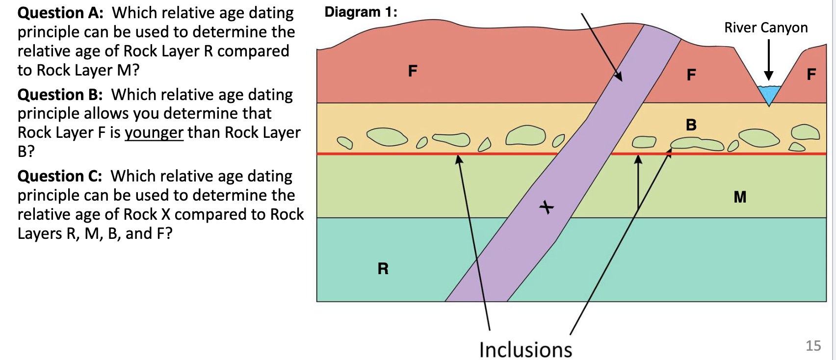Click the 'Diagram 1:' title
361,12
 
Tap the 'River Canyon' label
766,28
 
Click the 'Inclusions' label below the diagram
525,350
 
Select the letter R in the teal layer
383,269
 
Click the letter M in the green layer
740,197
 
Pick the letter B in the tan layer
691,125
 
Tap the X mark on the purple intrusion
547,207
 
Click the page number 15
813,346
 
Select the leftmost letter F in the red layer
413,71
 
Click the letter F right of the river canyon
811,74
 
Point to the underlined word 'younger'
154,132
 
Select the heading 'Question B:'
60,94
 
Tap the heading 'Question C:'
60,176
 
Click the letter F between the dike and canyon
691,75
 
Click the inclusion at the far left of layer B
345,142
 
